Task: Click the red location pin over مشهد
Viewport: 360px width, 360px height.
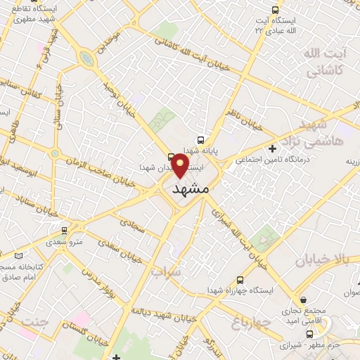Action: (x=180, y=166)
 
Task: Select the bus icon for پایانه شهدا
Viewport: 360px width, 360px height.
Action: (x=202, y=140)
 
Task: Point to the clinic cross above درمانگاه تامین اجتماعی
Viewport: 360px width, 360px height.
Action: (x=273, y=148)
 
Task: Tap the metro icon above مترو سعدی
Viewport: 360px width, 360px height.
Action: (x=65, y=230)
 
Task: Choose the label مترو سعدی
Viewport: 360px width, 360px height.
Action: (x=65, y=241)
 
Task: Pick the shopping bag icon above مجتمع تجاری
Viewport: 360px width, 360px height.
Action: (x=302, y=299)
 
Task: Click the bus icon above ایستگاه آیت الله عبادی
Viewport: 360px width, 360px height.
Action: (x=275, y=11)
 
